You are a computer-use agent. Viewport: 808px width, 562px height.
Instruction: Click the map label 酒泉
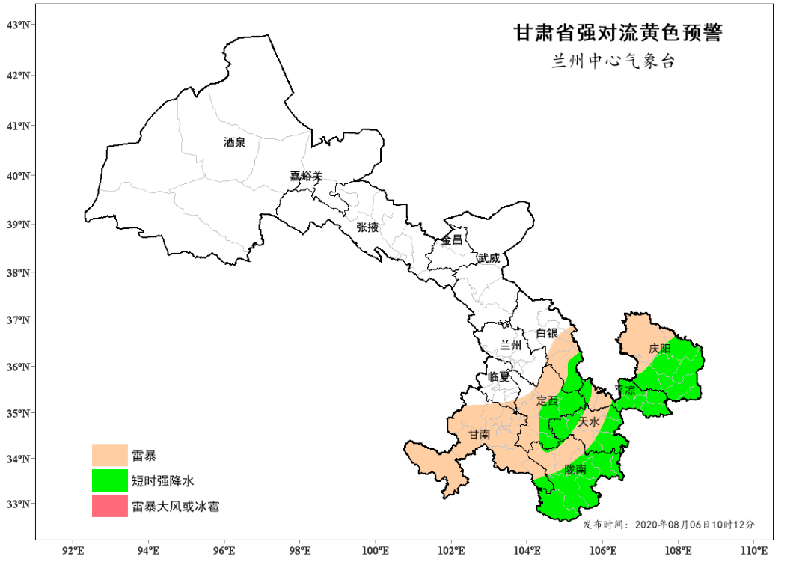coord(234,142)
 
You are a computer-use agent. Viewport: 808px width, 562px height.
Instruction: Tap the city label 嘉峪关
coord(306,177)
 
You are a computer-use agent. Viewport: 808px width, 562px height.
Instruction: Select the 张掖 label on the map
coord(367,227)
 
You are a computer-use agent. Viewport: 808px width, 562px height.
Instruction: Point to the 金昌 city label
coord(451,240)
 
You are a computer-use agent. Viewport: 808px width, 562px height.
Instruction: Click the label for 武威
coord(488,257)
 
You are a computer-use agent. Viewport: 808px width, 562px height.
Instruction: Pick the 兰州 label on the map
coord(510,346)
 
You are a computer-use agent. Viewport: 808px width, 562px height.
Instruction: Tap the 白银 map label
coord(546,333)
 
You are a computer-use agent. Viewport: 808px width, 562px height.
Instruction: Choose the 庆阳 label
coord(660,349)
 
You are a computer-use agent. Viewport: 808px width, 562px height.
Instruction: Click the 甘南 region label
coord(479,435)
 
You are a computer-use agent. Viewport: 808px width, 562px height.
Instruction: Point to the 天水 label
coord(589,422)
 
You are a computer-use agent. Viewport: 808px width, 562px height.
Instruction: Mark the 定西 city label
coord(548,400)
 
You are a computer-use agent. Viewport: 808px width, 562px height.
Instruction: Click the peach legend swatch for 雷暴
coord(109,455)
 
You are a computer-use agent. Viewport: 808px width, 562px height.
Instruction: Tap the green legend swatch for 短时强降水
coord(109,480)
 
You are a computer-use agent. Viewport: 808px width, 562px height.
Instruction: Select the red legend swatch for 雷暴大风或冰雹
coord(109,506)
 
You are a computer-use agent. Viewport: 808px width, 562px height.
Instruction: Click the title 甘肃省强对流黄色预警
coord(617,34)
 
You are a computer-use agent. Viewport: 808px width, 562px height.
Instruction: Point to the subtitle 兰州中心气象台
coord(613,62)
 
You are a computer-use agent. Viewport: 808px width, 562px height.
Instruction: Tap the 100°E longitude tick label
coord(375,551)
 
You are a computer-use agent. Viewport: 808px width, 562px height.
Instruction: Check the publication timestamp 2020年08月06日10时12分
coord(695,524)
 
